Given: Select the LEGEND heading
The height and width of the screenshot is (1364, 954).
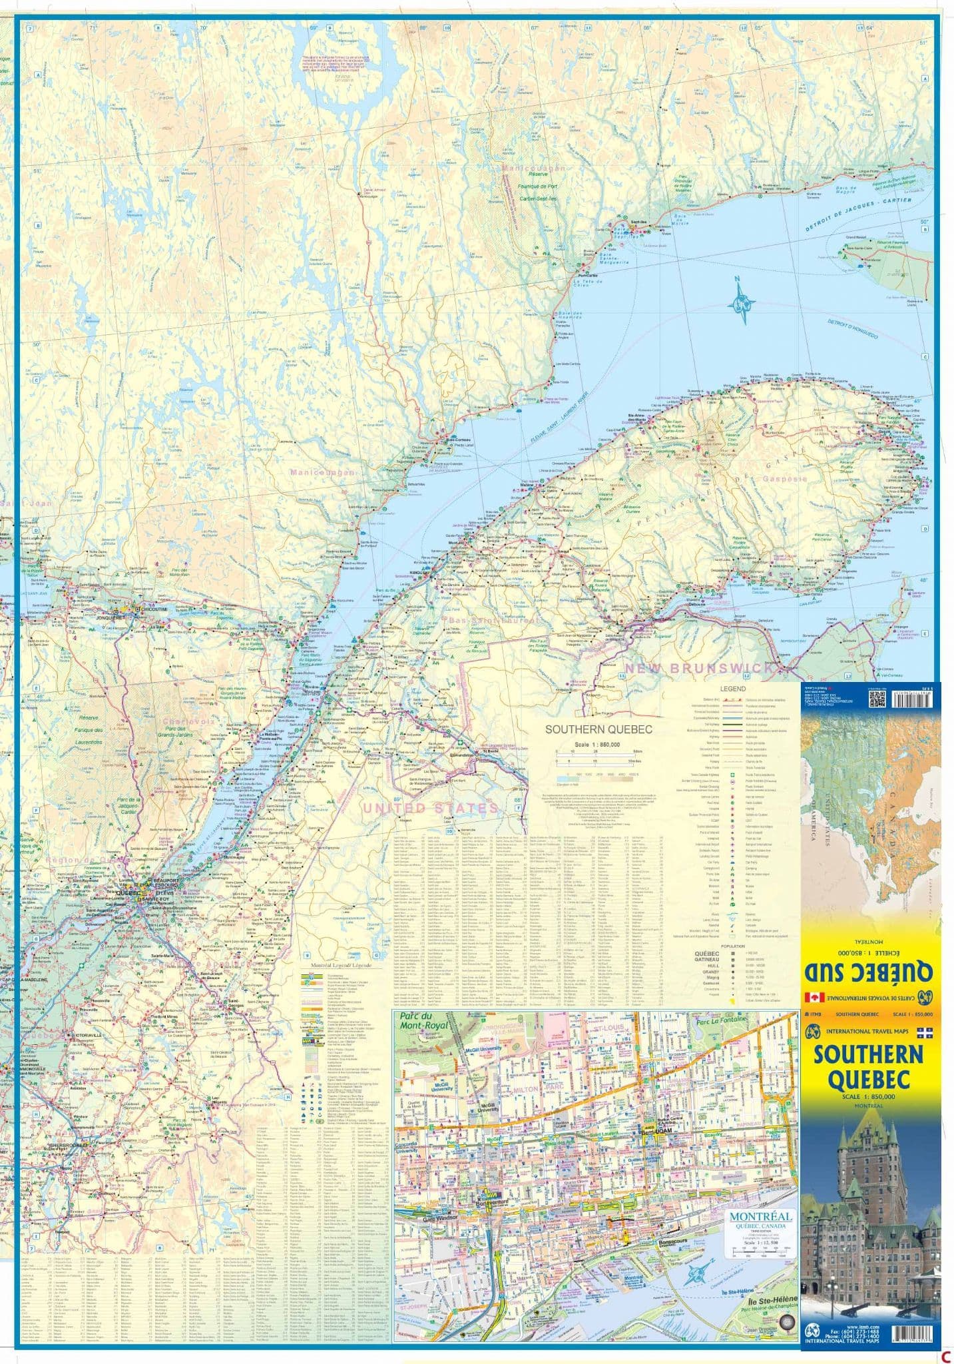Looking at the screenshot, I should click(x=732, y=689).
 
